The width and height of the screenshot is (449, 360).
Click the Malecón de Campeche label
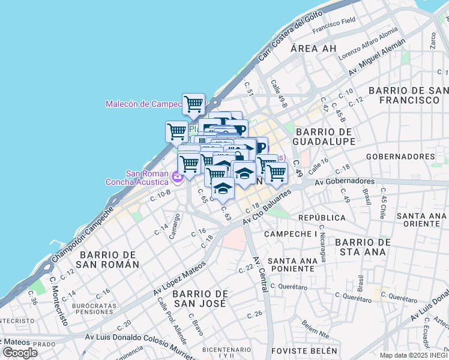(143, 104)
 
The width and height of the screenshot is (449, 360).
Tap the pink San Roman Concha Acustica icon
(177, 177)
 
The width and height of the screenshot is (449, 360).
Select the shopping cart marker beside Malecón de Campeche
(193, 104)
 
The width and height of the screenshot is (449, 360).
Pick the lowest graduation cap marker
(223, 188)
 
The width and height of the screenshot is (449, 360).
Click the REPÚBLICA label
(322, 217)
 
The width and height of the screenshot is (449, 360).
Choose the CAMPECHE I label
(291, 233)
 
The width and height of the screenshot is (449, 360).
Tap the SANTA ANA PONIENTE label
(292, 265)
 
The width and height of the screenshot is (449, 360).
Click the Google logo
(20, 352)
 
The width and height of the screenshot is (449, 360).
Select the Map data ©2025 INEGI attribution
(414, 355)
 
